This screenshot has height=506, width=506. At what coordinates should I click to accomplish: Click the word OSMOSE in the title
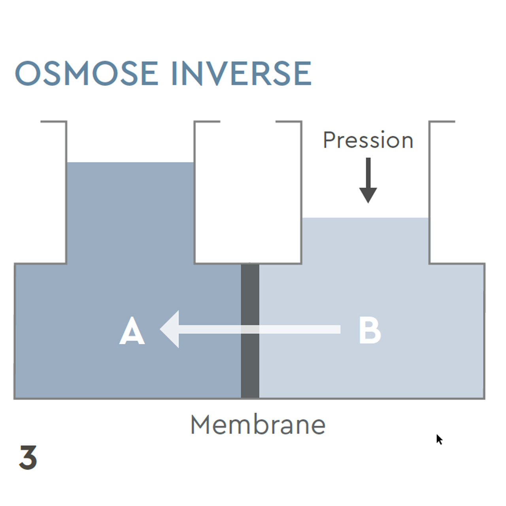pos(87,74)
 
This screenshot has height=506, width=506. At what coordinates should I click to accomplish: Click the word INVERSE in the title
pos(241,74)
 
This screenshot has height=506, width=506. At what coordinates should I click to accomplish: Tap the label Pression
pos(368,140)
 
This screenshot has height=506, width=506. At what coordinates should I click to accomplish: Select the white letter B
pos(370,330)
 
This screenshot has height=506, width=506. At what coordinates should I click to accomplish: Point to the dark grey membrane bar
pos(250,368)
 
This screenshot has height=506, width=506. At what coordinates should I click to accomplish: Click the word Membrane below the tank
pos(258,425)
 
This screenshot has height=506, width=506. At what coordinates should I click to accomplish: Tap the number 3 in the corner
pos(28,457)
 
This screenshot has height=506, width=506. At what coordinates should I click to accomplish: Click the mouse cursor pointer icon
pos(439,439)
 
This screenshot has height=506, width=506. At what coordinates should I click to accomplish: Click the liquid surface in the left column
pos(130,163)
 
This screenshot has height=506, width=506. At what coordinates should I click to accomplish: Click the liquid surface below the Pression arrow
pos(366,218)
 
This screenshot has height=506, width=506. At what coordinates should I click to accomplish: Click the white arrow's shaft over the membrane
pos(250,329)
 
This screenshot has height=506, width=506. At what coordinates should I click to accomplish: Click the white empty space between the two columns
pos(248,194)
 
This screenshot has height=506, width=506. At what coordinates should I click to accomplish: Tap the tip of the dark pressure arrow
pos(368,202)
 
